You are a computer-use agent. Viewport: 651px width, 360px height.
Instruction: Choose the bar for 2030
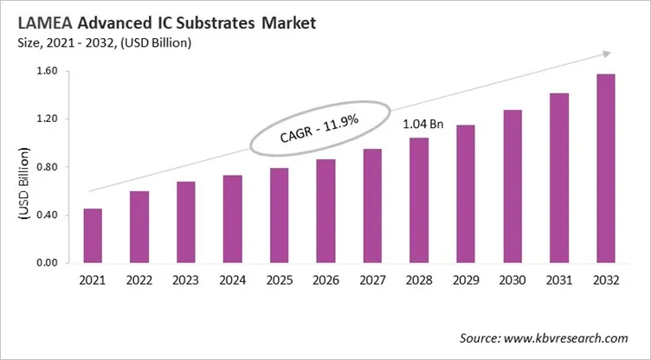coord(512,186)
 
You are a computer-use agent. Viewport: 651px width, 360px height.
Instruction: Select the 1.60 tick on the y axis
coord(47,72)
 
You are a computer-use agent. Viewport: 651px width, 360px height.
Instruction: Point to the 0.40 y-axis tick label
coord(47,215)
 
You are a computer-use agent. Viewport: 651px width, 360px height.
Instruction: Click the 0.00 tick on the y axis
coord(47,263)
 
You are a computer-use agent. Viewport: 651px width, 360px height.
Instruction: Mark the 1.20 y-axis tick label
coord(47,119)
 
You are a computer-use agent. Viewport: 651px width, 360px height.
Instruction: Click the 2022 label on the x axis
coord(139,280)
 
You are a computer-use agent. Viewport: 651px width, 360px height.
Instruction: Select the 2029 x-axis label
coord(465,280)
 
